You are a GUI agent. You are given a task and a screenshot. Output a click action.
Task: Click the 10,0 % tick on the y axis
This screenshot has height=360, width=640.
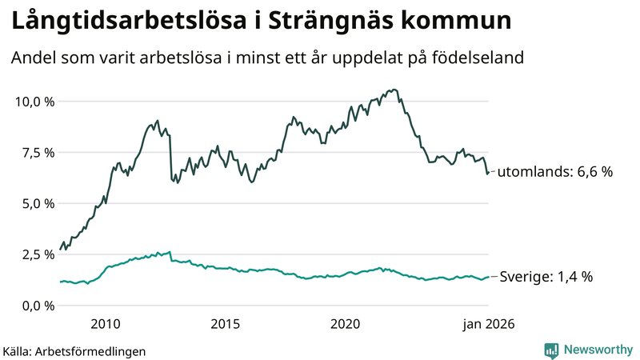click(x=34, y=102)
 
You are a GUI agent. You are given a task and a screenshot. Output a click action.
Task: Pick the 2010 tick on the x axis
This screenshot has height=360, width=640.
click(x=106, y=324)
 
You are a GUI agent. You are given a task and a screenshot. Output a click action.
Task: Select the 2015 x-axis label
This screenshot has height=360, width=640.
click(x=226, y=324)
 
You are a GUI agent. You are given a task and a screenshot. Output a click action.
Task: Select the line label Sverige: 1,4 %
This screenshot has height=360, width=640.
click(x=546, y=277)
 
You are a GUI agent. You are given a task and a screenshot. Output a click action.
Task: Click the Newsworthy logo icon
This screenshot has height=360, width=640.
click(x=551, y=350)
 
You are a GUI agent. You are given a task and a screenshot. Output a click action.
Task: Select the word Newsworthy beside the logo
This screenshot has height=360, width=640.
click(x=596, y=350)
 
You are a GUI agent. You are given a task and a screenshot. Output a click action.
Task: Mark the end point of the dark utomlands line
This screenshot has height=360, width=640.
click(x=488, y=172)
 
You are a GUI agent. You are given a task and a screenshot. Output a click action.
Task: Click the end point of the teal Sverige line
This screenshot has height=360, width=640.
click(x=488, y=277)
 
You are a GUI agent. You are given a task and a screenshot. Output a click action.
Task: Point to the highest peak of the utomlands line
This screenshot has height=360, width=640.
click(x=395, y=90)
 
